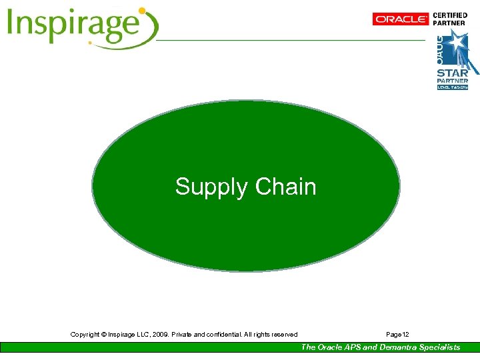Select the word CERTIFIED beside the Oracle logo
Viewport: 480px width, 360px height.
(451, 15)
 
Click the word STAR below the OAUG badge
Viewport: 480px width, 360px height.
(452, 73)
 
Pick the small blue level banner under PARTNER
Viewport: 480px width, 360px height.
(453, 87)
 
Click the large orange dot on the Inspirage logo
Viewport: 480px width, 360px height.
(141, 11)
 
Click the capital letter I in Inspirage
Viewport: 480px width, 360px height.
(12, 25)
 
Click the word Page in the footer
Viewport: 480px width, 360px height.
(393, 334)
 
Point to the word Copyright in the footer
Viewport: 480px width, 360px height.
(87, 334)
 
